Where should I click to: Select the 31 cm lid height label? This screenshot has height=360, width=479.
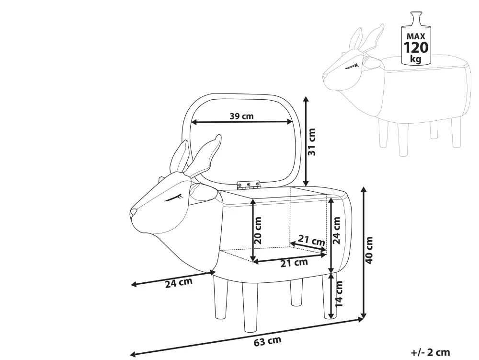(x=312, y=142)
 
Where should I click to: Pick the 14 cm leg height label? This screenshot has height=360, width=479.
(x=339, y=293)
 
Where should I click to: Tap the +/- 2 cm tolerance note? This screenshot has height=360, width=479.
(x=430, y=352)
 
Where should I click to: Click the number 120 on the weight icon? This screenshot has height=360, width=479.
(x=416, y=48)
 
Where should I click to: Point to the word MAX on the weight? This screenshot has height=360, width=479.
(x=416, y=36)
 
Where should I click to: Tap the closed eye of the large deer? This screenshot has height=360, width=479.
(x=174, y=197)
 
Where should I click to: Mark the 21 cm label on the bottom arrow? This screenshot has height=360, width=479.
(x=294, y=262)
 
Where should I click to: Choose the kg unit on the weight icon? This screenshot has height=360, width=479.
(x=416, y=59)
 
